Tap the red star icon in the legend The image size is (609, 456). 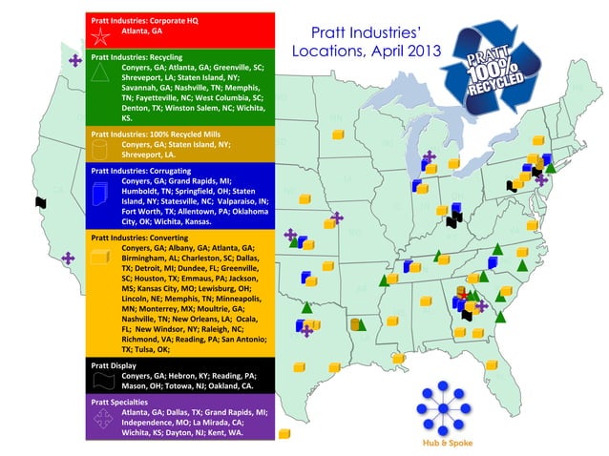click(100, 37)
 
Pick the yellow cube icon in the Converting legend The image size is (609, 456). click(100, 256)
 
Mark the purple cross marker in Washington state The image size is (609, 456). click(74, 60)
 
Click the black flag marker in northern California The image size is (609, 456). click(40, 202)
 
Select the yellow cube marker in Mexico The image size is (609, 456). click(283, 434)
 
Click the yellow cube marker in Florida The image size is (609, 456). click(492, 364)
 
